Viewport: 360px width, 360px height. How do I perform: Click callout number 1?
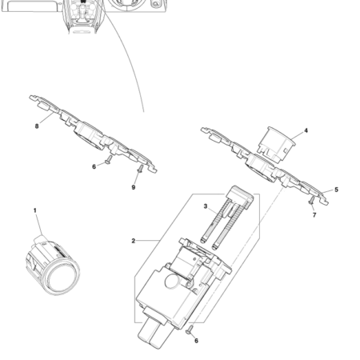35,210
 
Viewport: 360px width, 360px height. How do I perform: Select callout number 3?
206,206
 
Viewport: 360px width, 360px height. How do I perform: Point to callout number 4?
305,130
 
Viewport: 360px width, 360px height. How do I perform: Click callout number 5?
336,190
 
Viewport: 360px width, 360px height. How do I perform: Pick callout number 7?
314,215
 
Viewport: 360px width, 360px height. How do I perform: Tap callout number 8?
37,126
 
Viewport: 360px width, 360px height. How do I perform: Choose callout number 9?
134,187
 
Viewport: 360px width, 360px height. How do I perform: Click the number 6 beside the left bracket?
94,166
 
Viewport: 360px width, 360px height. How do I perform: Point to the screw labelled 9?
140,171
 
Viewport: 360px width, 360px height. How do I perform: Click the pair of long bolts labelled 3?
219,226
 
